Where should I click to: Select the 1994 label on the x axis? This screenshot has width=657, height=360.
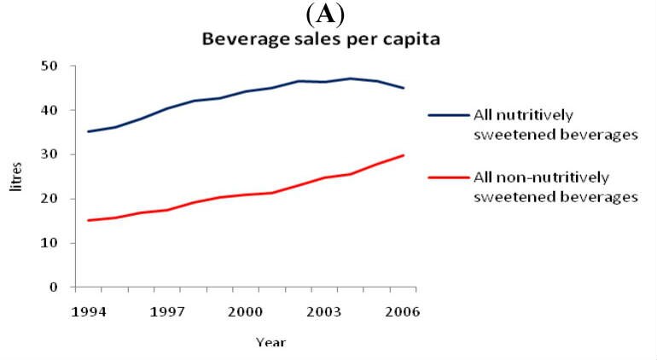(x=90, y=312)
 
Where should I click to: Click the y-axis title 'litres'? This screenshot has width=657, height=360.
(x=16, y=177)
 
